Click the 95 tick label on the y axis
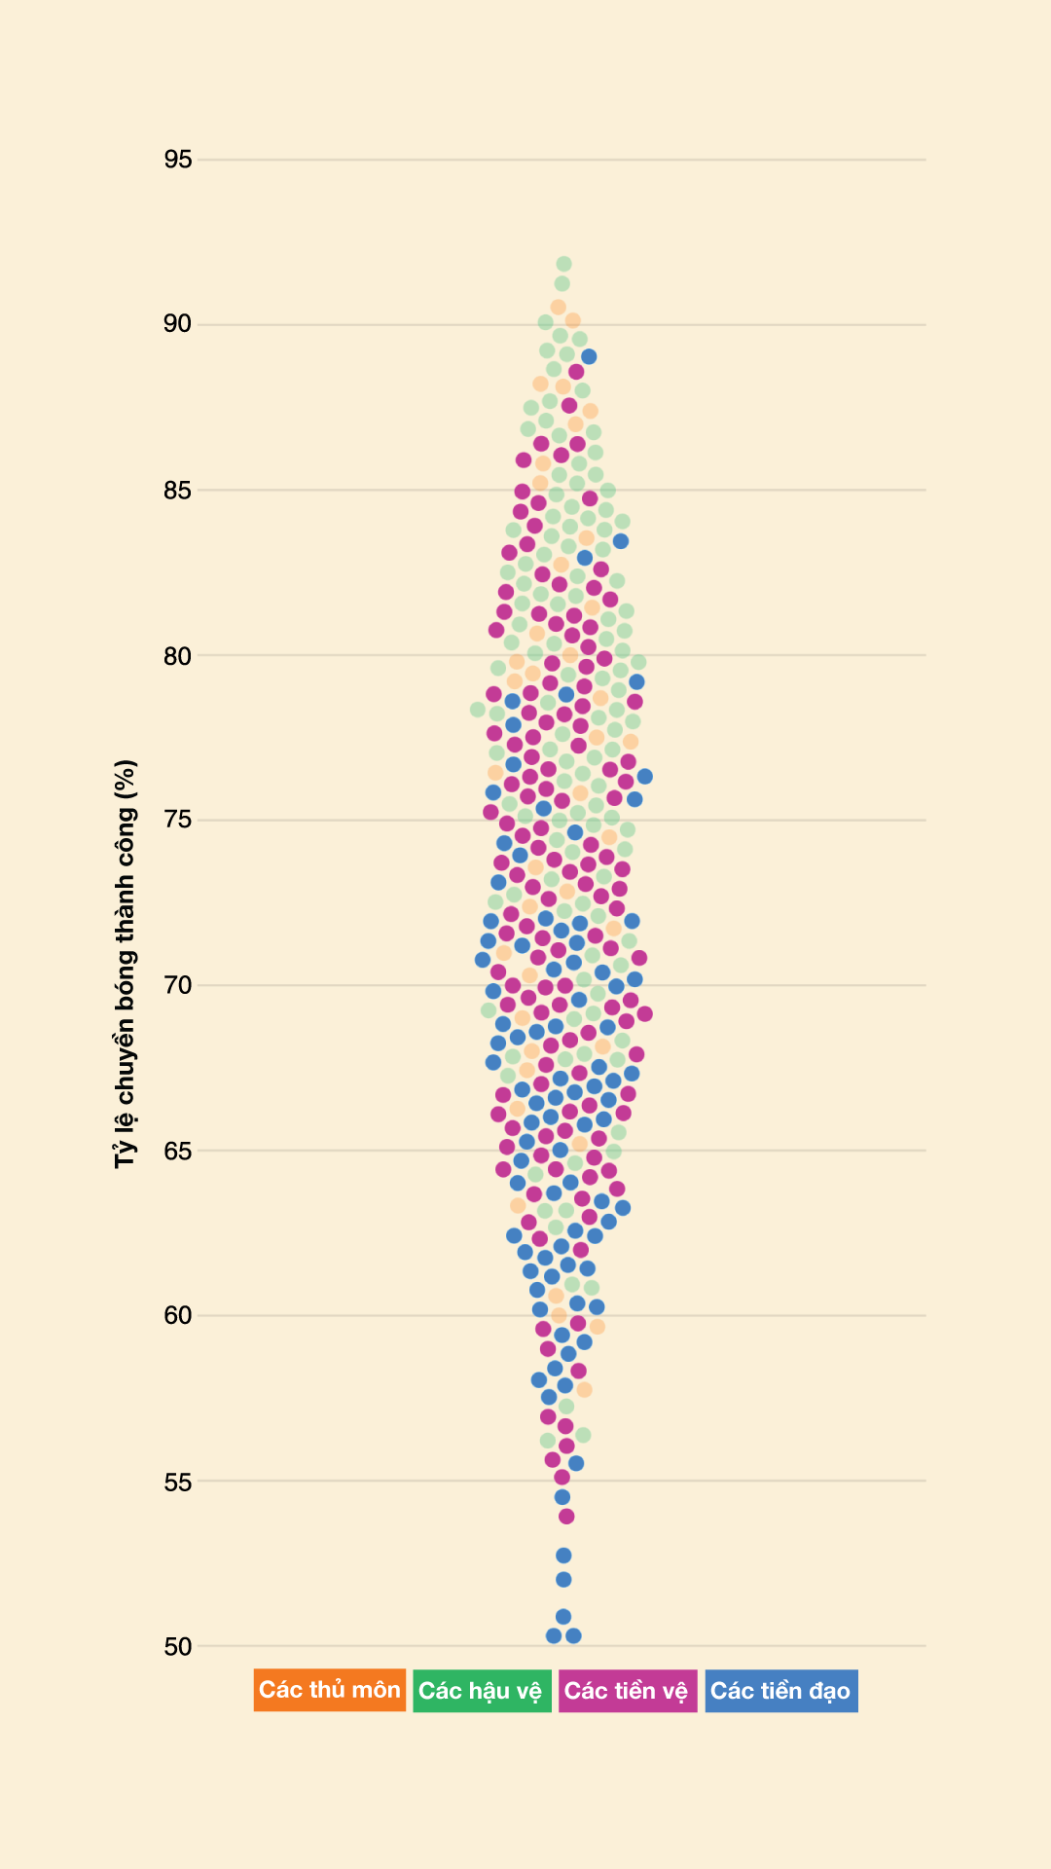[x=178, y=160]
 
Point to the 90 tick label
[x=178, y=324]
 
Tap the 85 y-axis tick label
[x=178, y=490]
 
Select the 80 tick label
[x=178, y=656]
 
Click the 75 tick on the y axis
[x=178, y=821]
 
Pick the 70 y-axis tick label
[x=178, y=985]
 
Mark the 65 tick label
[x=178, y=1151]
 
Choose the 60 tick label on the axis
[x=178, y=1316]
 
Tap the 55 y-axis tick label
[x=178, y=1482]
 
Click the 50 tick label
[x=178, y=1647]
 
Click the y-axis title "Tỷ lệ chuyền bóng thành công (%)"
[x=126, y=964]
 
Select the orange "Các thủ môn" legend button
[x=330, y=1690]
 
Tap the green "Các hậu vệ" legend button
[x=482, y=1691]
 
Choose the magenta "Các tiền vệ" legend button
[x=628, y=1691]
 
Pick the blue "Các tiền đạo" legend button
[x=781, y=1691]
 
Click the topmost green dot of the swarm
[x=563, y=264]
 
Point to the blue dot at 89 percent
[x=589, y=357]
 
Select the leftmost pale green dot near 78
[x=478, y=710]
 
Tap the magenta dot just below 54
[x=566, y=1516]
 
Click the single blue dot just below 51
[x=563, y=1617]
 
